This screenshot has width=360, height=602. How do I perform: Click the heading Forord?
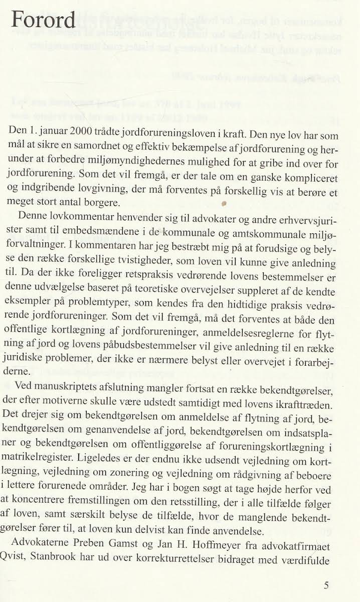point(43,20)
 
